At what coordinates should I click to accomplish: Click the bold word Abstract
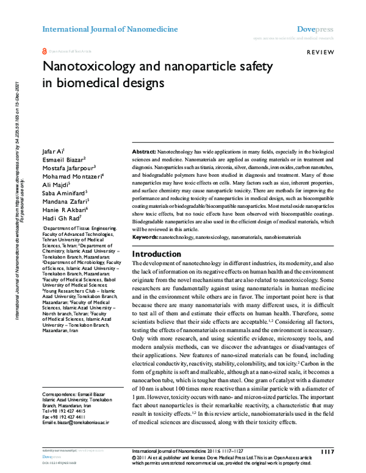(x=144, y=150)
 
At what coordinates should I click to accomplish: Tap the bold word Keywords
(x=145, y=235)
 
